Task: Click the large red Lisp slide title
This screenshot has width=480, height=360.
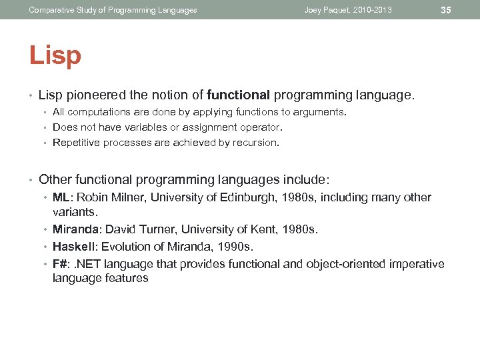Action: coord(55,55)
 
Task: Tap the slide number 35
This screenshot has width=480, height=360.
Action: coord(446,10)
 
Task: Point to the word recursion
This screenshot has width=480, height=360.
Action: coord(257,142)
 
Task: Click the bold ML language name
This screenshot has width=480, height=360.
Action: coord(61,197)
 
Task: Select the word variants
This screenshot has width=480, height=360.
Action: coord(75,211)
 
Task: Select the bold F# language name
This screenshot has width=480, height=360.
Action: coord(60,264)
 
